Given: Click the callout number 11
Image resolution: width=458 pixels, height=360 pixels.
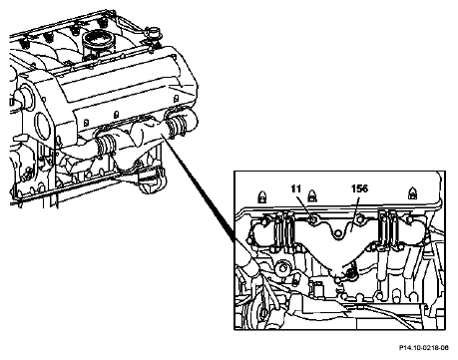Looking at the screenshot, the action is (295, 188).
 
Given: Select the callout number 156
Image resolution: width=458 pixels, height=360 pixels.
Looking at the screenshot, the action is (359, 188).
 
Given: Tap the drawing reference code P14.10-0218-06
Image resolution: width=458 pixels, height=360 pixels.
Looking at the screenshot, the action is (424, 348).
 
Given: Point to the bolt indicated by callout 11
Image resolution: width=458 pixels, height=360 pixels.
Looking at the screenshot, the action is (313, 219).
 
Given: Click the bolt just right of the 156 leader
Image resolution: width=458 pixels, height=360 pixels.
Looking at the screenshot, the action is (359, 219).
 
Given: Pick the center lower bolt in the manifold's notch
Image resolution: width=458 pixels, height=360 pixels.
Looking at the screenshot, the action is (337, 233).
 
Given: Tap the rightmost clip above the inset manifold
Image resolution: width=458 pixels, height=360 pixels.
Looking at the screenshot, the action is (412, 193).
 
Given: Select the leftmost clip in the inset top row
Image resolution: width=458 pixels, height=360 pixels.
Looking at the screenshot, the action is (262, 196).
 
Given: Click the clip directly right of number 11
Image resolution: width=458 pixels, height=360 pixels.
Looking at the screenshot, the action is (312, 195).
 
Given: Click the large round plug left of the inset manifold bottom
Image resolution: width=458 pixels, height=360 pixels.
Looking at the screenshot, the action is (282, 267).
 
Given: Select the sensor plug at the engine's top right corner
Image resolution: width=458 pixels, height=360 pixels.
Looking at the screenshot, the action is (153, 35).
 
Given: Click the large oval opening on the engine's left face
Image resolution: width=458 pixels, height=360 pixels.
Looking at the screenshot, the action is (43, 126).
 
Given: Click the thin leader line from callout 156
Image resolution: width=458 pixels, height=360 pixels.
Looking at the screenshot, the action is (353, 214).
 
